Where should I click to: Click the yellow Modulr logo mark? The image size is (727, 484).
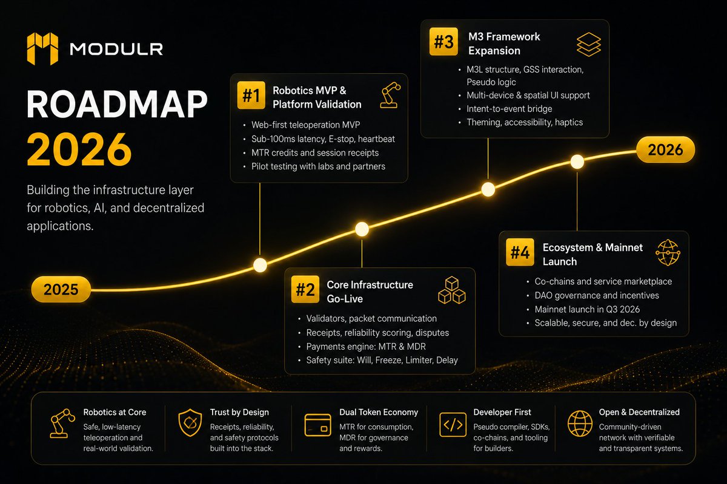click(x=42, y=48)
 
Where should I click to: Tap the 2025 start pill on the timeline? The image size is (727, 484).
click(x=61, y=289)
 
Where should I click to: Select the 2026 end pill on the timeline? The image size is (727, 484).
click(x=665, y=150)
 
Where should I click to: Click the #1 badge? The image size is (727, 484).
click(x=251, y=96)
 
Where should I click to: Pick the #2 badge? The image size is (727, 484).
click(x=305, y=289)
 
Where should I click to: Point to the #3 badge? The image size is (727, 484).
click(x=443, y=42)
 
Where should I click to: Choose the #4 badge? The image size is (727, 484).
click(x=520, y=252)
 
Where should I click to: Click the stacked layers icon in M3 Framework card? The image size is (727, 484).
click(x=589, y=44)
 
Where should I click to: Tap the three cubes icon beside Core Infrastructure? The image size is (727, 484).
click(x=452, y=290)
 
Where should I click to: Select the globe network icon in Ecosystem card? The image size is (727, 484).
click(x=668, y=252)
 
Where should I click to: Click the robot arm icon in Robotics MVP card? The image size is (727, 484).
click(x=390, y=95)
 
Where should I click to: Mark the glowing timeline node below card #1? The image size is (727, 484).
click(x=260, y=265)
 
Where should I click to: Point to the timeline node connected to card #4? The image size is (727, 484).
click(x=577, y=162)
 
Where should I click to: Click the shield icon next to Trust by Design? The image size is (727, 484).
click(x=190, y=423)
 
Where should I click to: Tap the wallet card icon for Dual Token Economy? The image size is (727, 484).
click(x=317, y=425)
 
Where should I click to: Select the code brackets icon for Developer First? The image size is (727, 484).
click(x=453, y=425)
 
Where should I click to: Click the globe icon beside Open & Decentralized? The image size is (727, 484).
click(x=580, y=423)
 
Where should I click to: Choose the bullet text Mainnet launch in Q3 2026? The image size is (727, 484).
click(x=587, y=309)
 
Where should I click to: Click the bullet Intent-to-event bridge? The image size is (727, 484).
click(x=510, y=109)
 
